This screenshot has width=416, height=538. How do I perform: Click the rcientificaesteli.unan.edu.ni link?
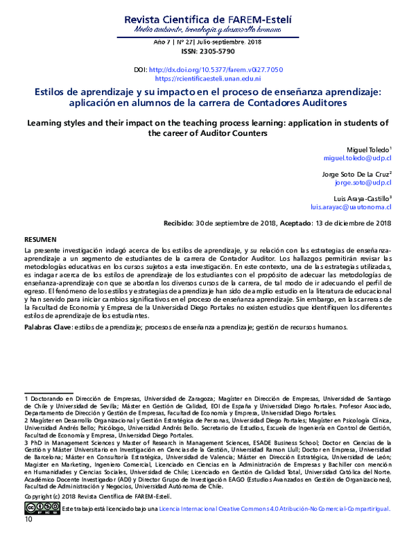pyautogui.click(x=207, y=80)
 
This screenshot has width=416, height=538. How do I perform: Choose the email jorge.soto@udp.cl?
pyautogui.click(x=363, y=184)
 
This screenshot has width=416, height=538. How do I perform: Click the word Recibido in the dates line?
pyautogui.click(x=177, y=224)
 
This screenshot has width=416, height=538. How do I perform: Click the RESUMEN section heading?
pyautogui.click(x=41, y=238)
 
